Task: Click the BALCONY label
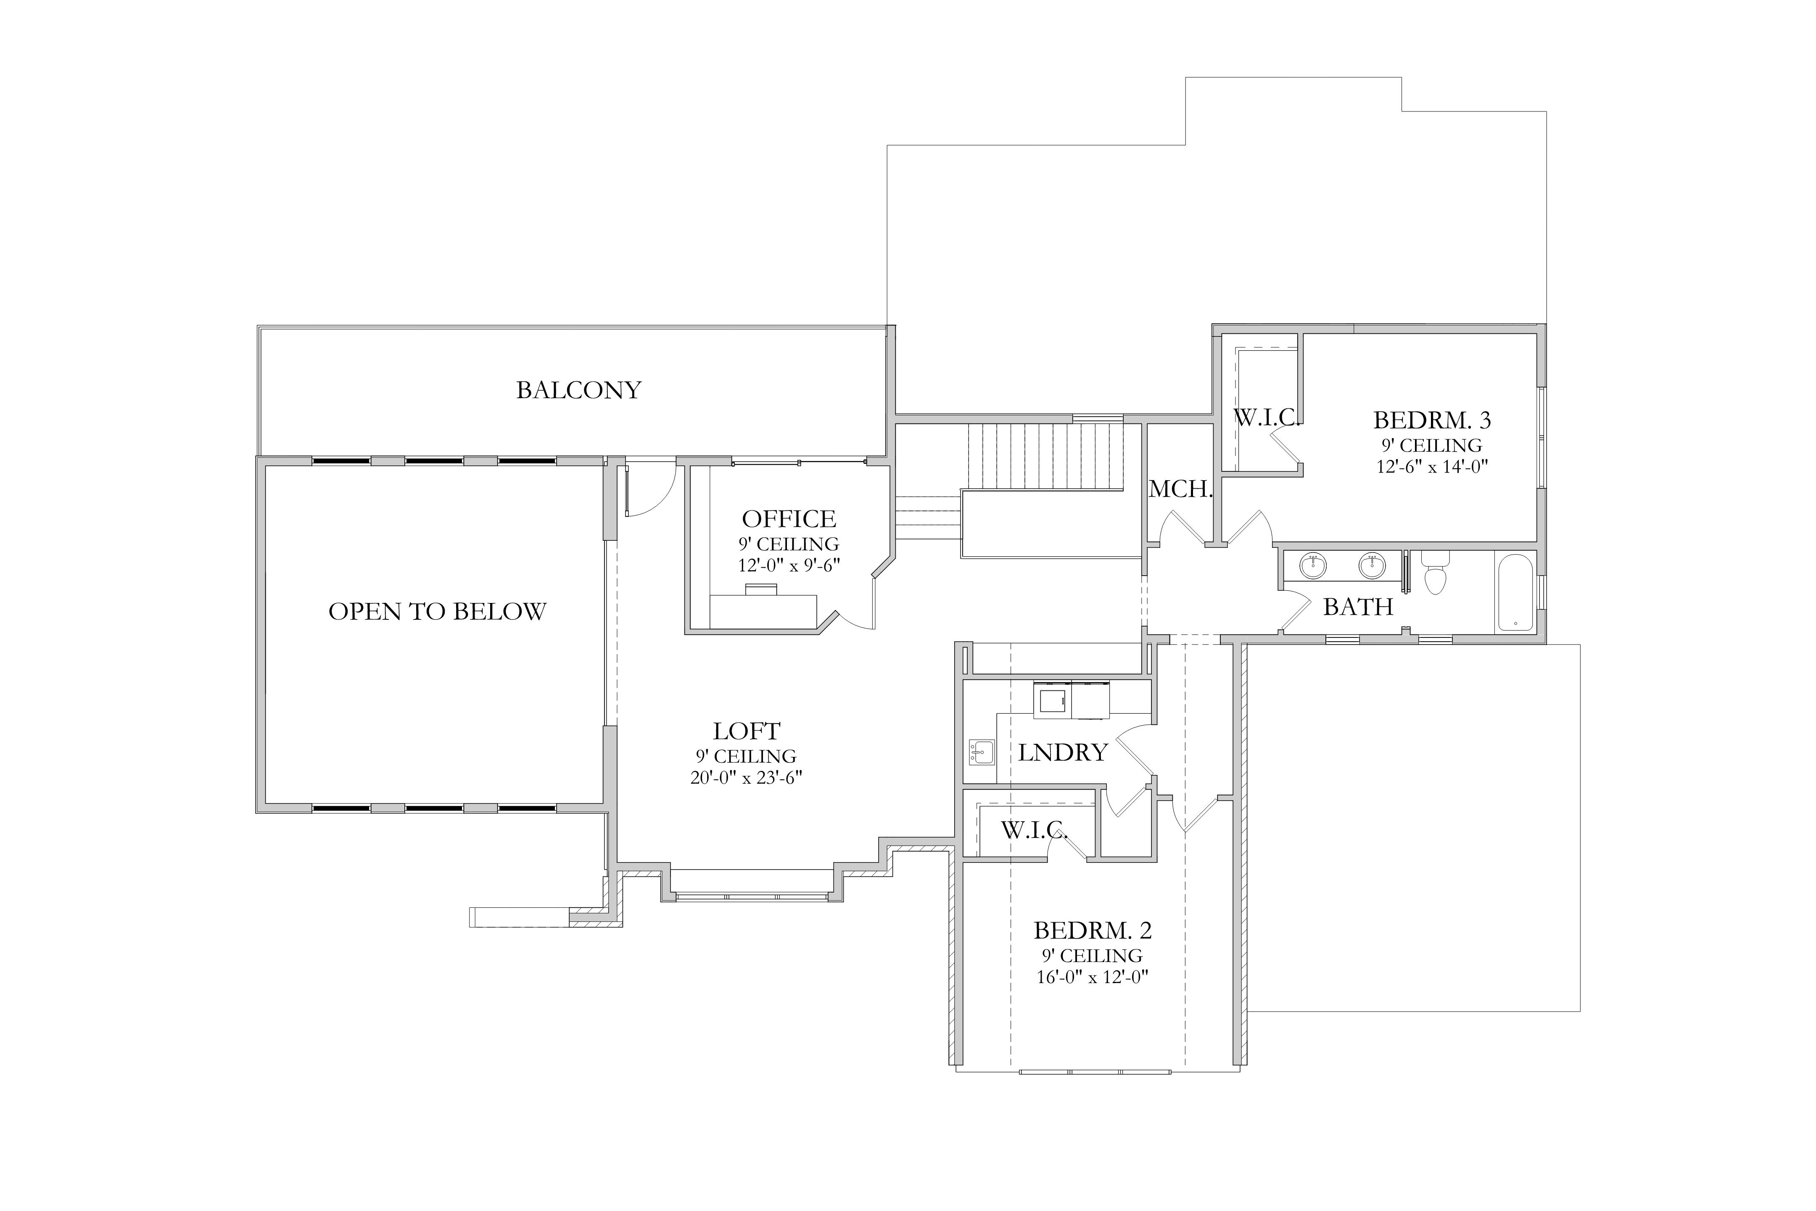[x=578, y=390]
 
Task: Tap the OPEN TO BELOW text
[x=437, y=612]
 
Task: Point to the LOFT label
[x=747, y=731]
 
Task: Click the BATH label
[x=1358, y=607]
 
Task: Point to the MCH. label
[x=1180, y=489]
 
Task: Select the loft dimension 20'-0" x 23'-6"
[x=747, y=778]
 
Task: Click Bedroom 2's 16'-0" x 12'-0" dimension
[x=1093, y=977]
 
